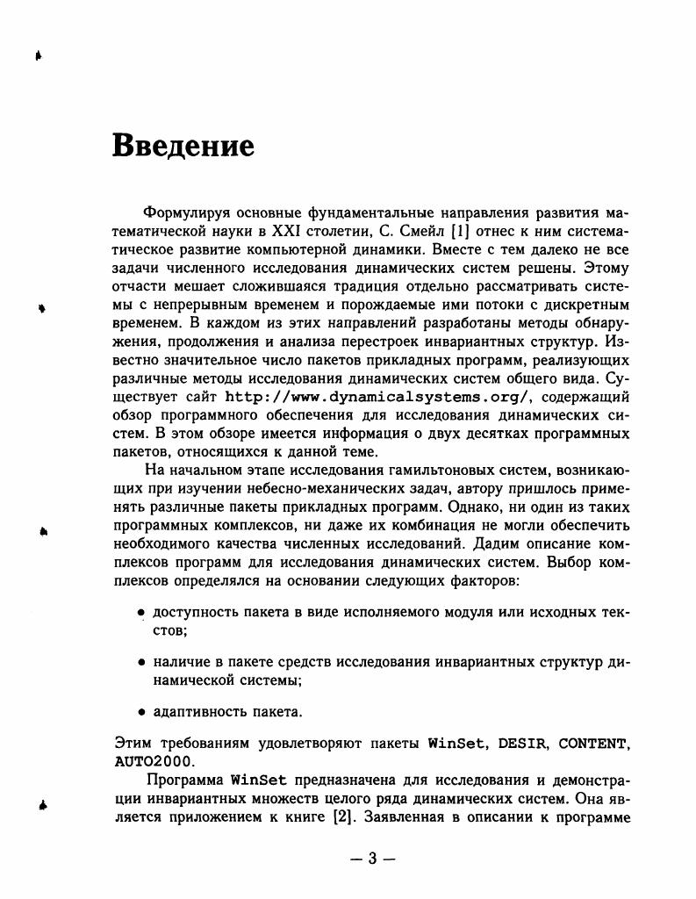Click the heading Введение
coord(183,146)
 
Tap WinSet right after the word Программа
coord(262,780)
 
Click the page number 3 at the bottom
coord(371,859)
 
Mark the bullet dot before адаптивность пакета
coord(141,711)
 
